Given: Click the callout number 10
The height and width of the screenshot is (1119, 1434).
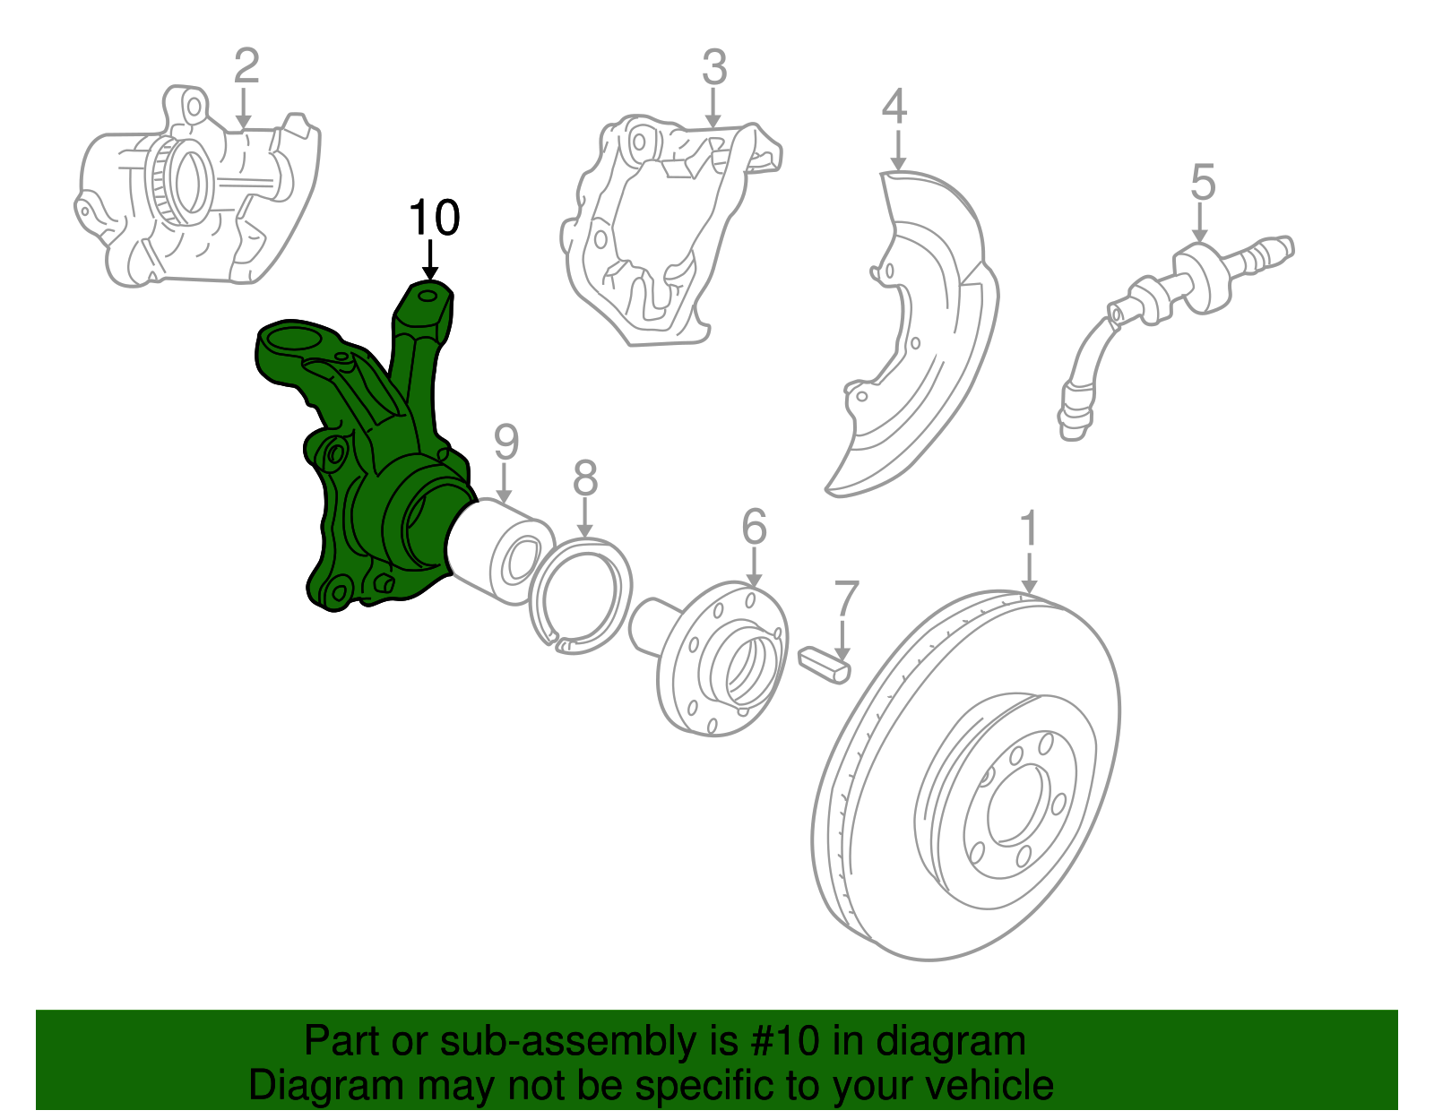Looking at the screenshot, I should (435, 218).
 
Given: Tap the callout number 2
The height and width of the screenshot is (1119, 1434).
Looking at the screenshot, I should (246, 67).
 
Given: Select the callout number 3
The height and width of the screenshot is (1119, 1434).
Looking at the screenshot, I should (714, 67).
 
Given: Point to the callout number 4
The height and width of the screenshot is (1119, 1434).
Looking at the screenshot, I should (894, 107).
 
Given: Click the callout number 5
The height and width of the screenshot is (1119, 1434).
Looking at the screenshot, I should (1203, 183).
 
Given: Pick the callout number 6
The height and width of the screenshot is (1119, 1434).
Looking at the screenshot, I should (754, 527).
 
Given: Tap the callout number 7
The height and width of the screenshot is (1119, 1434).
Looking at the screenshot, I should (846, 599).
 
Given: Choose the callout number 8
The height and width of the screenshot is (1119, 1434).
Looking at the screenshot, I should (584, 478).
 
